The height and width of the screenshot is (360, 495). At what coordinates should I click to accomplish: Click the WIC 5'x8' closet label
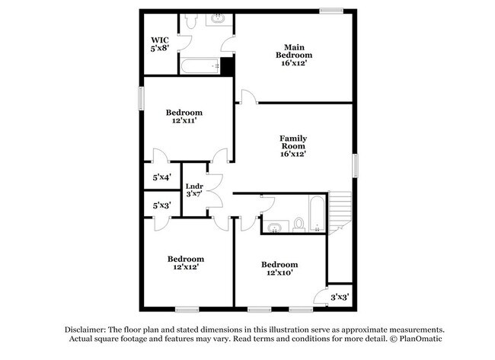159,44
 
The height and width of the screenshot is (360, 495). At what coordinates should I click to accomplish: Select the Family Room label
293,145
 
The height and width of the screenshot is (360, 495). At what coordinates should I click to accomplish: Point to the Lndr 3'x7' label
194,190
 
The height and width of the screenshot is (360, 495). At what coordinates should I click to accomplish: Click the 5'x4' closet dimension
161,177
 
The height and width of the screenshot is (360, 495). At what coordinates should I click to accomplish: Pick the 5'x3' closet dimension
161,205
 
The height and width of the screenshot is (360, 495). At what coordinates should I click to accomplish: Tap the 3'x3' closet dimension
340,296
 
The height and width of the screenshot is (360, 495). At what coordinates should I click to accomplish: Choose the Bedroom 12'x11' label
184,116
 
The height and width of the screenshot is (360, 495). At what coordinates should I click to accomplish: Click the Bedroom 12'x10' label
279,269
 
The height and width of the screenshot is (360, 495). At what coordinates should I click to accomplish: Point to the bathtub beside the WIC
201,66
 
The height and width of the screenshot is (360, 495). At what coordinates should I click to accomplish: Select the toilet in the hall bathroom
299,224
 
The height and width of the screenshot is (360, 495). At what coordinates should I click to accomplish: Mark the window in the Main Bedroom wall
331,10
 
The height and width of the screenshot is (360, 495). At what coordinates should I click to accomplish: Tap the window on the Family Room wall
355,165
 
